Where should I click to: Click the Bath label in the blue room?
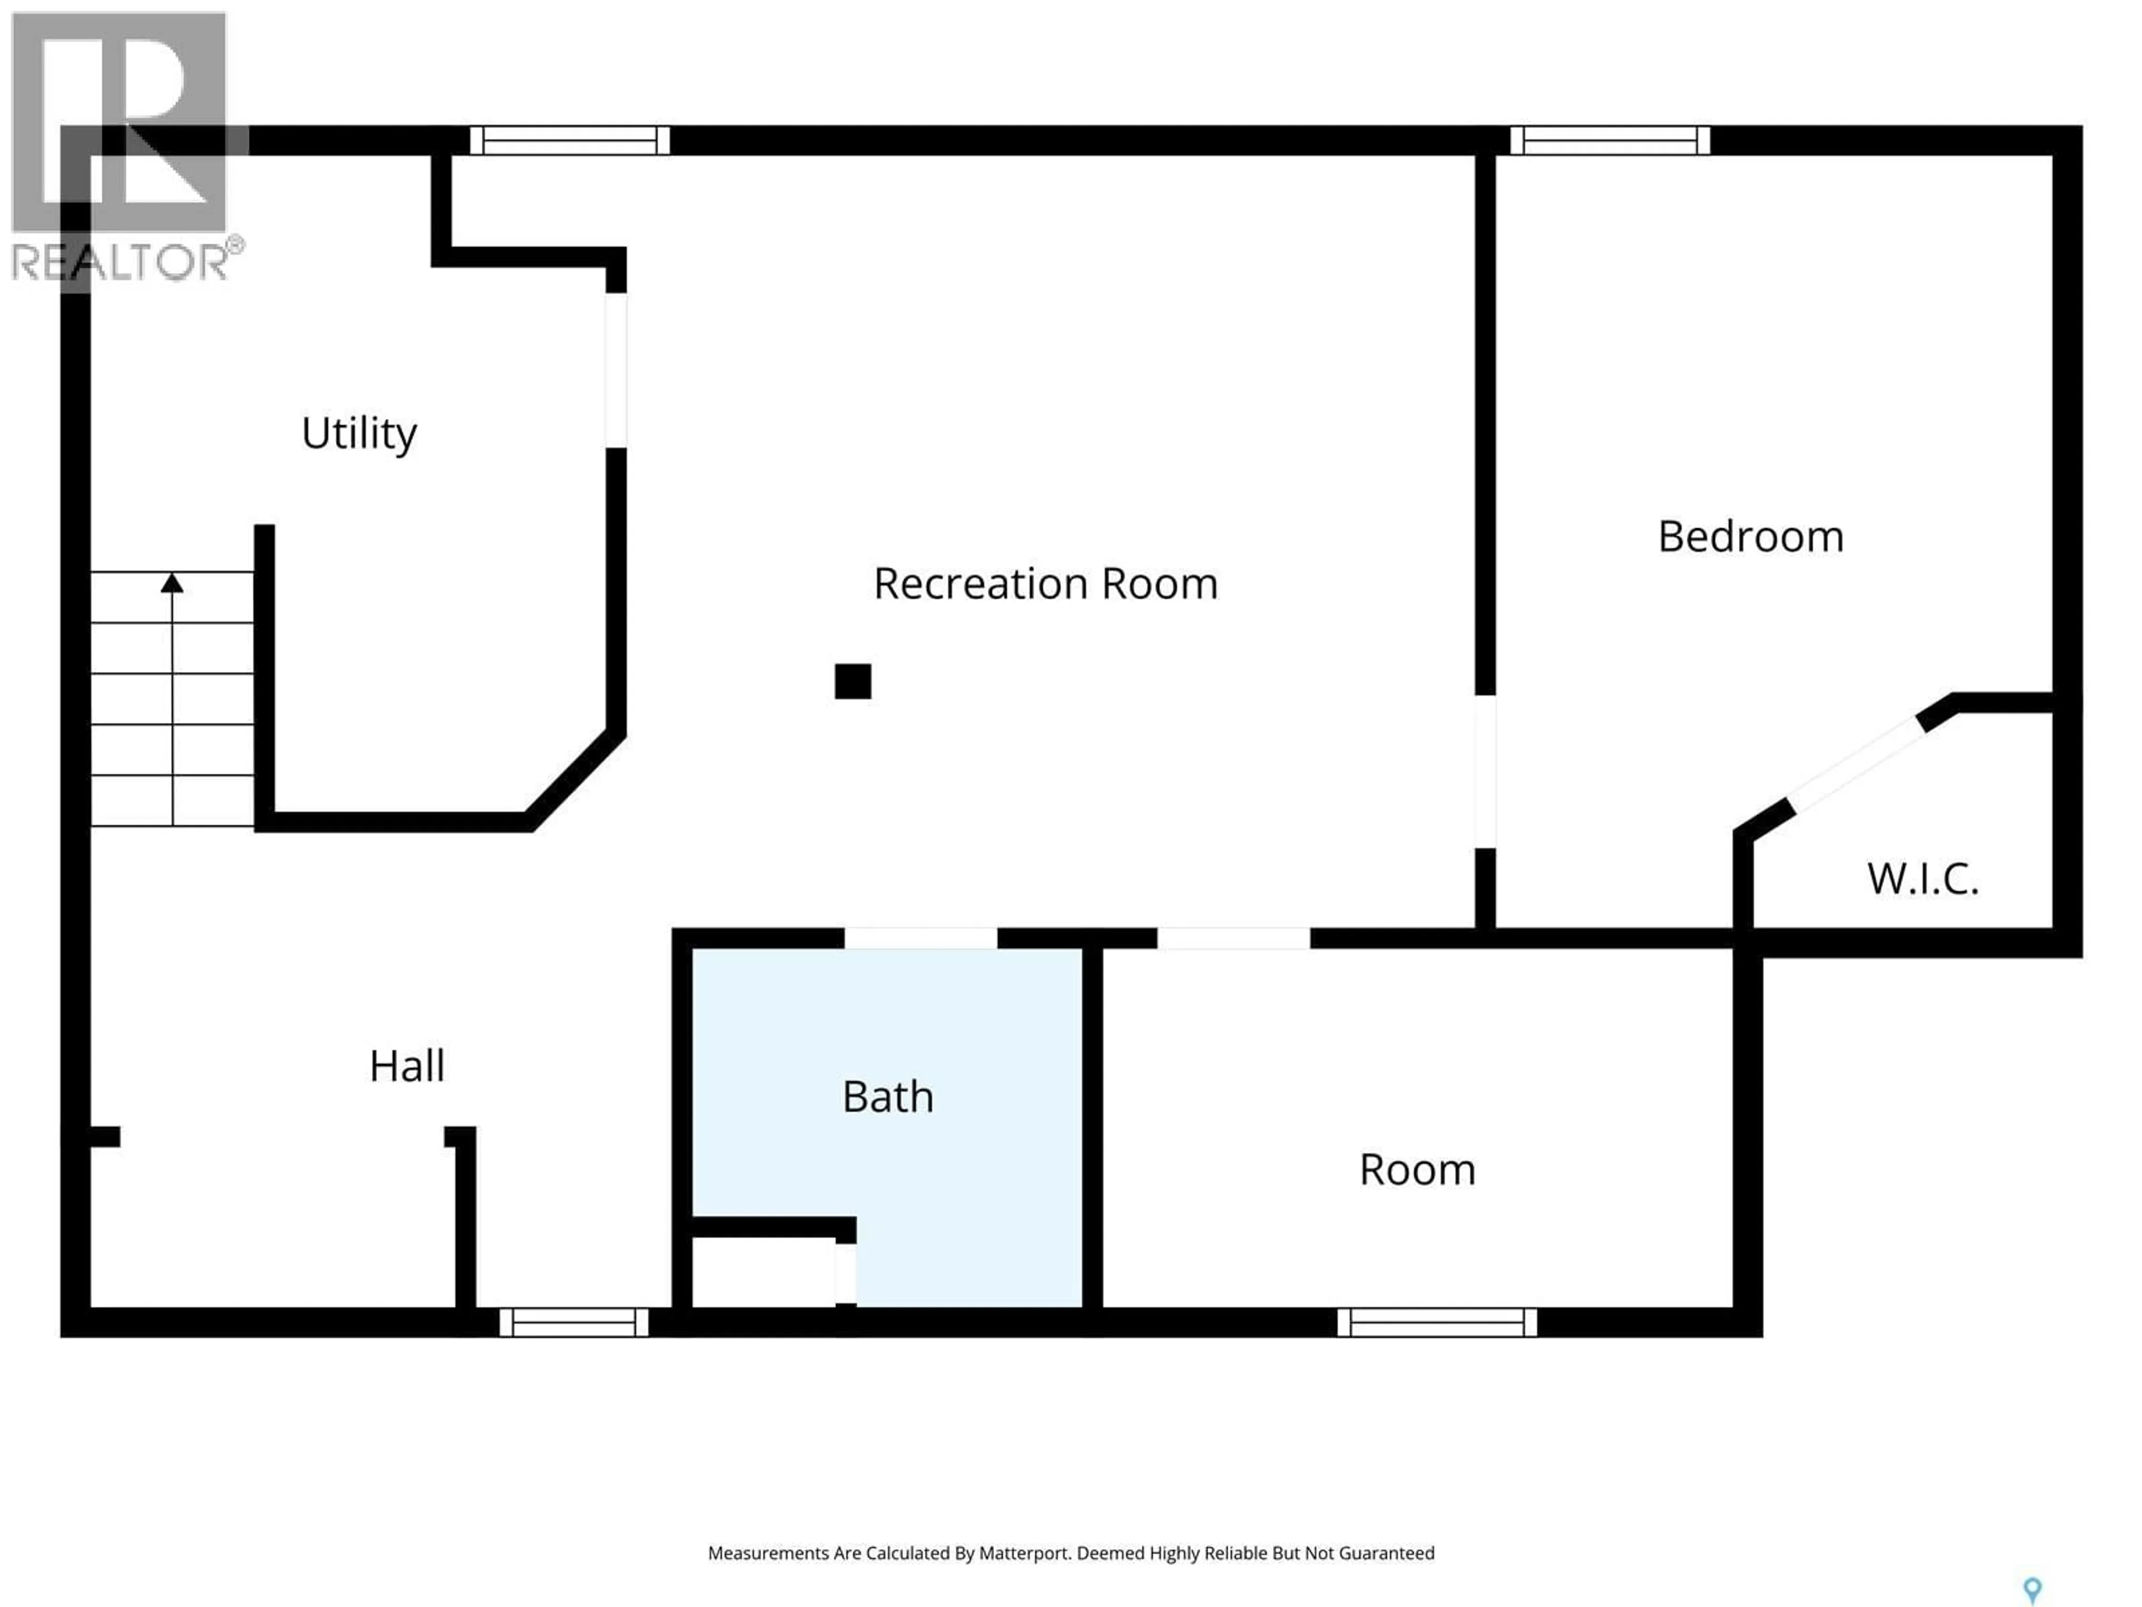click(x=887, y=1096)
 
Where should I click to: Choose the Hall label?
click(x=407, y=1066)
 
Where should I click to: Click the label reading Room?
click(x=1417, y=1169)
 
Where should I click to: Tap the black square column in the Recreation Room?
click(x=852, y=681)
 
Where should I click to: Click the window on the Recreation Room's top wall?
click(x=570, y=141)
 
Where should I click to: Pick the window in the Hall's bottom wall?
click(x=573, y=1322)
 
